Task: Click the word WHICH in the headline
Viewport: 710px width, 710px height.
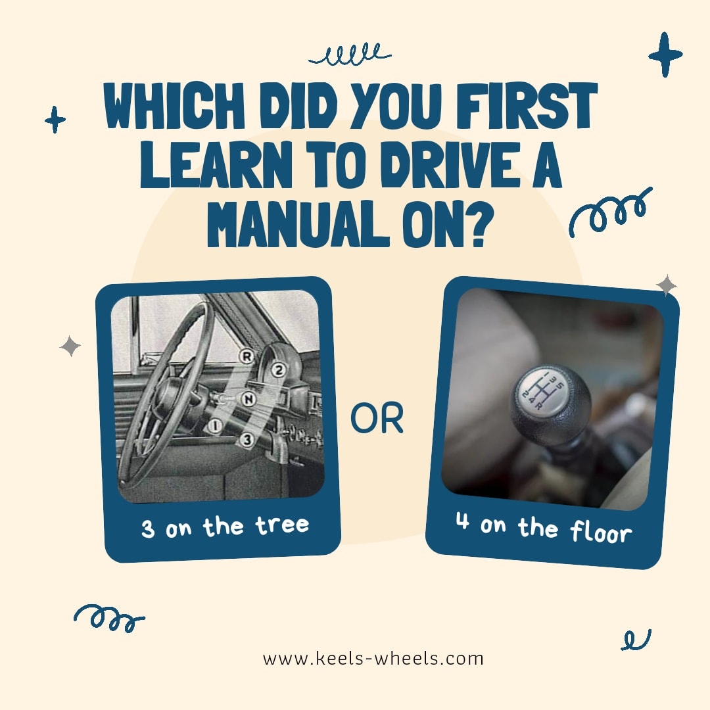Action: tap(174, 105)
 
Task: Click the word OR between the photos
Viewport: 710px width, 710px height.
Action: tap(377, 418)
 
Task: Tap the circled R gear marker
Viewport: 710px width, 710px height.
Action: tap(247, 356)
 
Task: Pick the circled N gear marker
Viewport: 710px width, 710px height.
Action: tap(248, 399)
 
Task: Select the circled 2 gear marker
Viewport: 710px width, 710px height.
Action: tap(279, 371)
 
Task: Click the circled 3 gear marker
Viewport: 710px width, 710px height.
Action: tap(247, 439)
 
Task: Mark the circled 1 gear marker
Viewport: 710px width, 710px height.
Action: tap(216, 425)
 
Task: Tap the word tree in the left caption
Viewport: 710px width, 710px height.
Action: tap(282, 525)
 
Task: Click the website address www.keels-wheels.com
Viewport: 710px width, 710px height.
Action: tap(373, 658)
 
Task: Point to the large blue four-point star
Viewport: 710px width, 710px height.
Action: tap(665, 55)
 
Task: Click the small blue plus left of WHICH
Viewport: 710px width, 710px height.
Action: tap(55, 120)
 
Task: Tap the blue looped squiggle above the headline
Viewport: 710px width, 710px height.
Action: tap(350, 55)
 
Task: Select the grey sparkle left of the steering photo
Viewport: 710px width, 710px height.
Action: tap(70, 346)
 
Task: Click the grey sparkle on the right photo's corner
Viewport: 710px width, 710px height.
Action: tap(667, 286)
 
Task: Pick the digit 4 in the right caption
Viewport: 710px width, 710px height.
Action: tap(462, 521)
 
